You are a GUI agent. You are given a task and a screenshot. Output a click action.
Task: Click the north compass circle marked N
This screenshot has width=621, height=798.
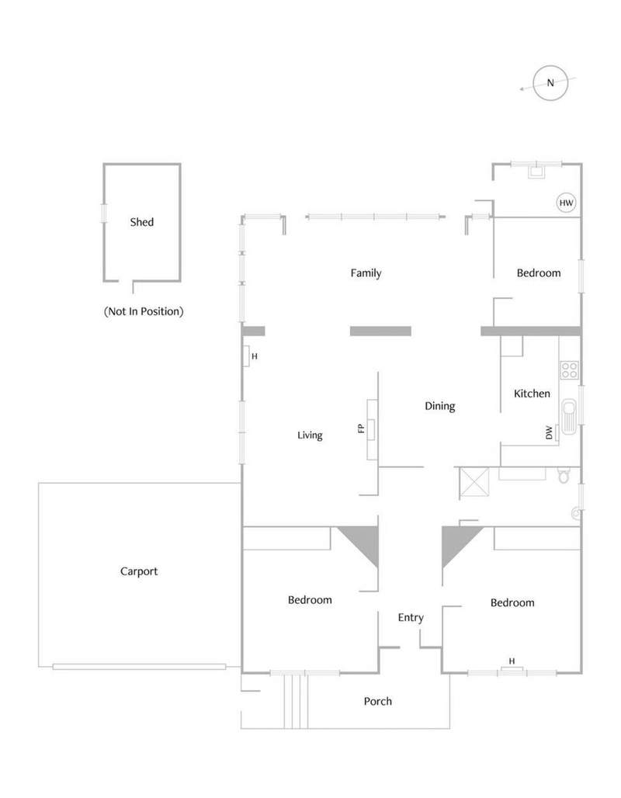[x=550, y=83]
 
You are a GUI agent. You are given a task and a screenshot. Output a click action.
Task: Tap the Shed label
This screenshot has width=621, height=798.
[x=141, y=222]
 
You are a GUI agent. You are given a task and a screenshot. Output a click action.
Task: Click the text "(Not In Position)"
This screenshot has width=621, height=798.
[x=143, y=311]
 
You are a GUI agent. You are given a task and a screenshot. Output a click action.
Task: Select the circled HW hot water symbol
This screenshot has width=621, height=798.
[x=567, y=203]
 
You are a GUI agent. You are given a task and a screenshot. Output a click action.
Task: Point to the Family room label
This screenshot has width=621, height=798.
[x=366, y=273]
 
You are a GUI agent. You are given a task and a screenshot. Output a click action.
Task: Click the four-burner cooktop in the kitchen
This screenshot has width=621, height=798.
[x=570, y=370]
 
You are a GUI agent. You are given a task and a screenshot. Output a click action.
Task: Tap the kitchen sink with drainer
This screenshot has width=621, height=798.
[x=569, y=419]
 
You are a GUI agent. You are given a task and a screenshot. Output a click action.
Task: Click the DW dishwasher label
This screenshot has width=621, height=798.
[x=550, y=433]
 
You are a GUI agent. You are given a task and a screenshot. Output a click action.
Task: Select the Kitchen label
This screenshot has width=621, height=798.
[x=532, y=394]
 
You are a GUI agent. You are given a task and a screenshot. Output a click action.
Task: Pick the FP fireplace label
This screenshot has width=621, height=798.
[x=361, y=428]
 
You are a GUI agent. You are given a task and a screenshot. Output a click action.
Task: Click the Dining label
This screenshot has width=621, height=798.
[x=439, y=406]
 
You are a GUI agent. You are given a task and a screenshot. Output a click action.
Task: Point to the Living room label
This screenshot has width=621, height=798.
[x=310, y=435]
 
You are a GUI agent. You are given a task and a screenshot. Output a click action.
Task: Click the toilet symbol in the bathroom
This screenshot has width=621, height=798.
[x=564, y=475]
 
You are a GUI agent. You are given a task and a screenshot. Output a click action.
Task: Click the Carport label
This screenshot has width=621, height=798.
[x=139, y=571]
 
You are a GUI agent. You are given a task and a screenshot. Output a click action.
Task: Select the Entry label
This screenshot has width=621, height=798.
[x=411, y=618]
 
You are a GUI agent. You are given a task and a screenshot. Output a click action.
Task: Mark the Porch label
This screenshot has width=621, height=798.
[x=378, y=701]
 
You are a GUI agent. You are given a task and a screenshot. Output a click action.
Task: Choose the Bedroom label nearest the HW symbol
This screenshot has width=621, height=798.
[x=539, y=273]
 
